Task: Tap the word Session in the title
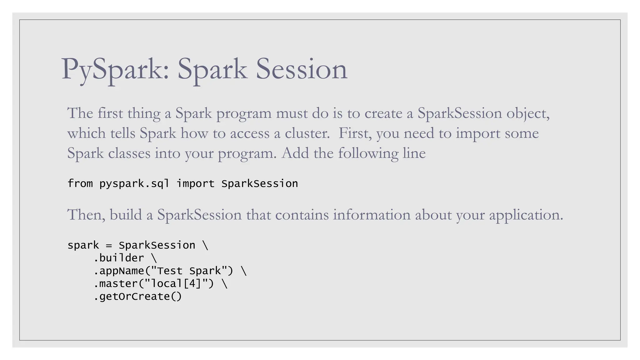(301, 69)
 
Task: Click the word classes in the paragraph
(129, 153)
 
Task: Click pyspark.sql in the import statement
(134, 184)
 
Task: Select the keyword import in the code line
(196, 184)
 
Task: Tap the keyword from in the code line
(80, 184)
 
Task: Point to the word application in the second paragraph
(526, 215)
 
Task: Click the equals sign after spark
(109, 246)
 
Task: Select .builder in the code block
(119, 258)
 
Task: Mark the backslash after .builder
(154, 258)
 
